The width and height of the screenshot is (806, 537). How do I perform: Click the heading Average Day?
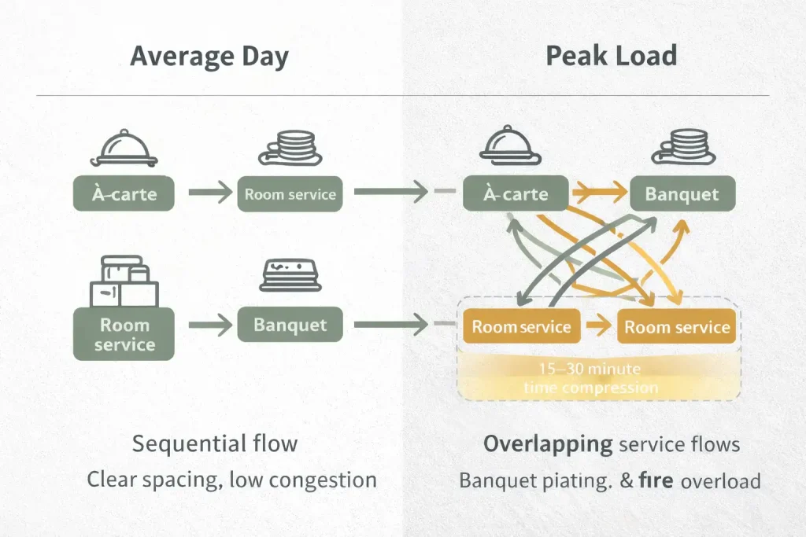pyautogui.click(x=209, y=57)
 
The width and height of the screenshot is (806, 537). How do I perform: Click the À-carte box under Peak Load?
pyautogui.click(x=514, y=193)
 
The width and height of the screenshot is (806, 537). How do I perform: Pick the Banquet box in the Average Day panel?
pyautogui.click(x=290, y=324)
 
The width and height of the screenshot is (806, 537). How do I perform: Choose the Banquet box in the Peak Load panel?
pyautogui.click(x=682, y=193)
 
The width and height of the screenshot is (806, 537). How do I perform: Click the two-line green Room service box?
pyautogui.click(x=124, y=334)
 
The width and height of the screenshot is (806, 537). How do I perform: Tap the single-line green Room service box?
pyautogui.click(x=290, y=193)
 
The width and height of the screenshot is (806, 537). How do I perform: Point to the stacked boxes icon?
pyautogui.click(x=124, y=282)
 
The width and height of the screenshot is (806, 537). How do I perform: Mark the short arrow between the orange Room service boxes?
pyautogui.click(x=601, y=326)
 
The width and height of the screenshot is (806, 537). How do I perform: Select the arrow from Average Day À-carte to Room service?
pyautogui.click(x=209, y=192)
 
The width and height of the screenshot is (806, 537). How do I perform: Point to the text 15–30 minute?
pyautogui.click(x=590, y=369)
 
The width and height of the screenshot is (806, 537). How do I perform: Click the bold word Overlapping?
pyautogui.click(x=548, y=444)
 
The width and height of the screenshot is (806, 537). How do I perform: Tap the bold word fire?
pyautogui.click(x=656, y=480)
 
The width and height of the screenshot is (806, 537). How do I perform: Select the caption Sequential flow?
pyautogui.click(x=215, y=443)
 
